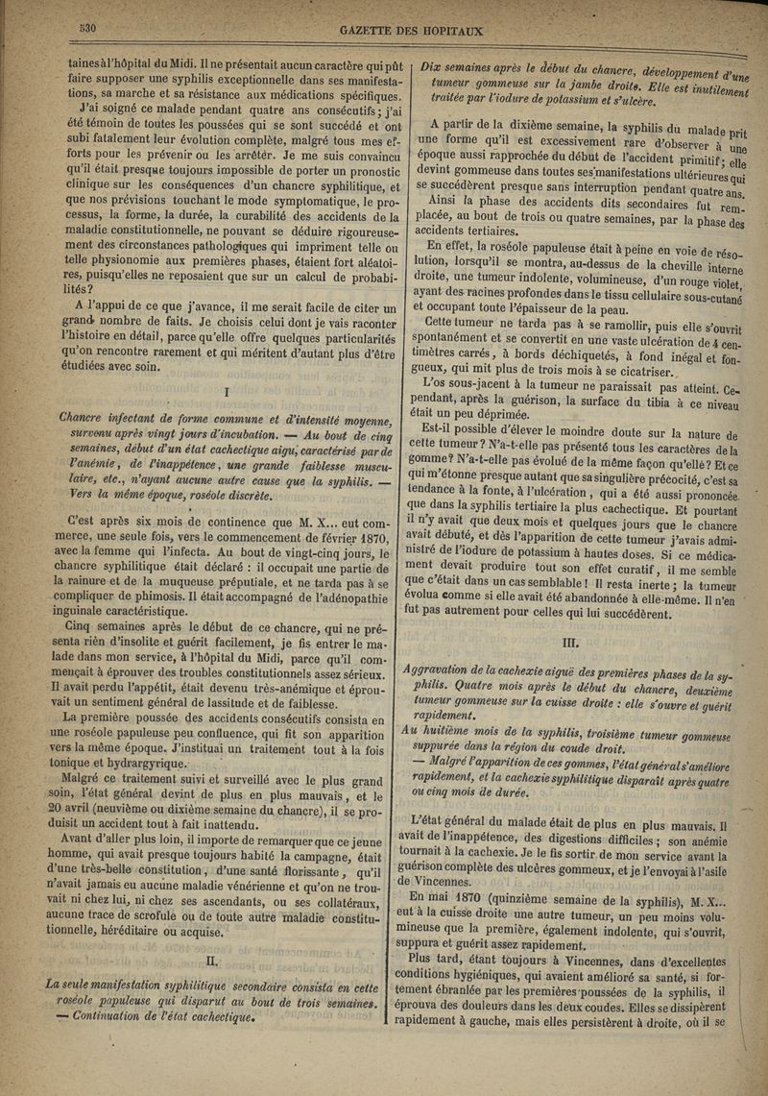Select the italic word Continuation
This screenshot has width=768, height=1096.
pyautogui.click(x=106, y=997)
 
